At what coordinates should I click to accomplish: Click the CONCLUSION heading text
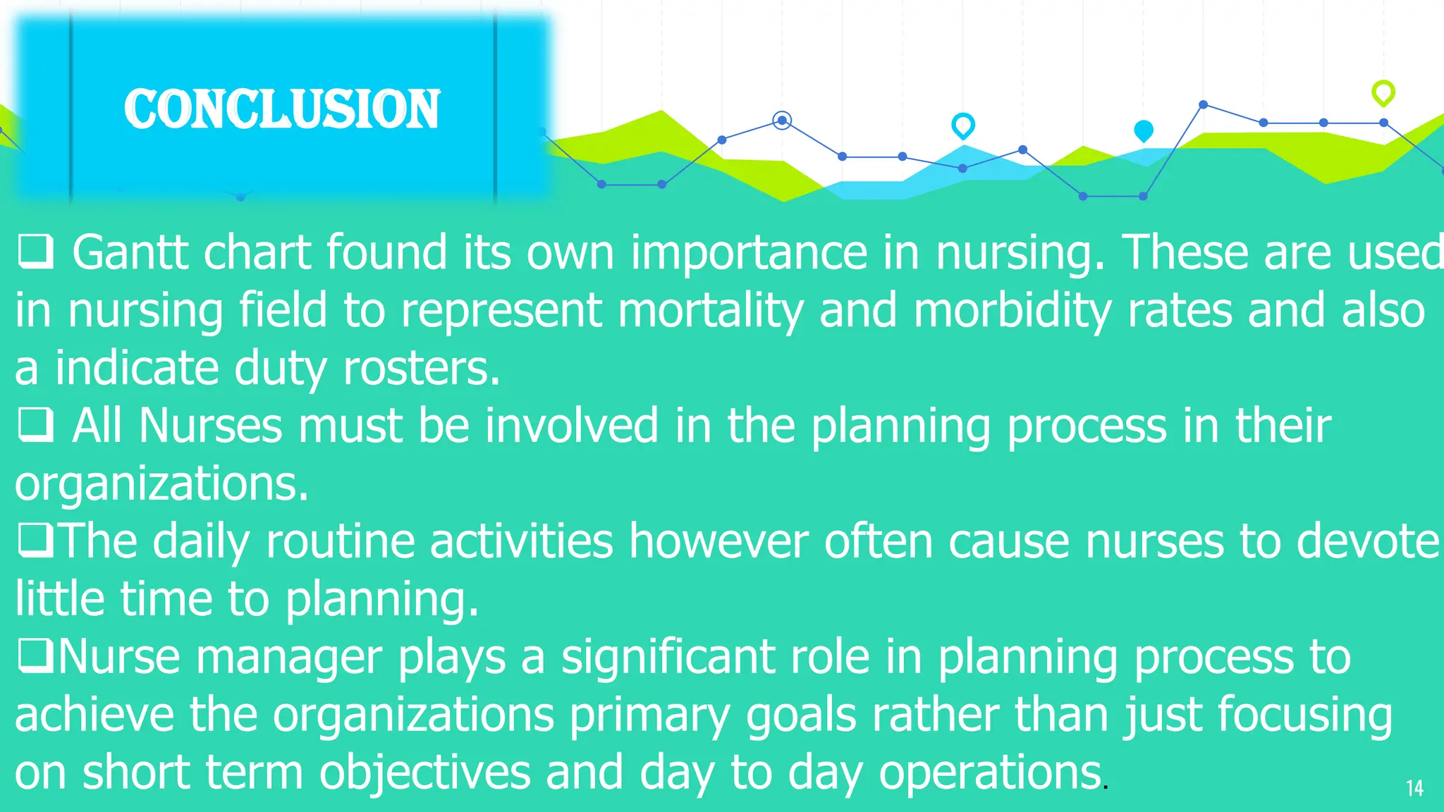point(282,109)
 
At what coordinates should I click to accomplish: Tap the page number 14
point(1414,788)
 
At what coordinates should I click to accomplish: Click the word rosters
point(421,369)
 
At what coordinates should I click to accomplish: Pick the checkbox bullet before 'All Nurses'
point(35,425)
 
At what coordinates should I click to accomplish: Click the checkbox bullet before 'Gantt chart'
point(35,252)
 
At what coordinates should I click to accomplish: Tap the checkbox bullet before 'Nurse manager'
point(35,656)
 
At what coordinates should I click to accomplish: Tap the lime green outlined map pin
point(1383,92)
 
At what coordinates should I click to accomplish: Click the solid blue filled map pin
point(1143,130)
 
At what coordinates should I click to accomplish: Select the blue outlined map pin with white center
point(962,125)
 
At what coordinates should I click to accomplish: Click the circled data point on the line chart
point(781,121)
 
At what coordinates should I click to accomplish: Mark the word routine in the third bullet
point(339,541)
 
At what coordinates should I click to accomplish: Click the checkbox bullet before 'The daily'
point(35,541)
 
